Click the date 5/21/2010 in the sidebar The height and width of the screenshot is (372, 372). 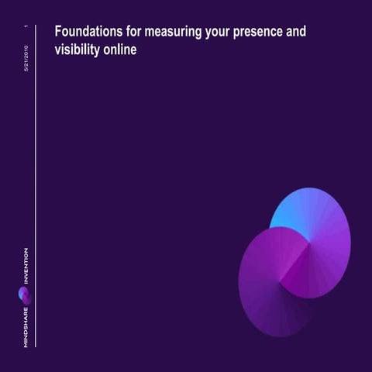(26, 60)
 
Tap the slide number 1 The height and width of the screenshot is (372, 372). (26, 29)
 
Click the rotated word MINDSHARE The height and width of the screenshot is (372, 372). (26, 325)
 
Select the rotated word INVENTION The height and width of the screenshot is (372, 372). (26, 268)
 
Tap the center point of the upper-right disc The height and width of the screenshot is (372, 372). (310, 246)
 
